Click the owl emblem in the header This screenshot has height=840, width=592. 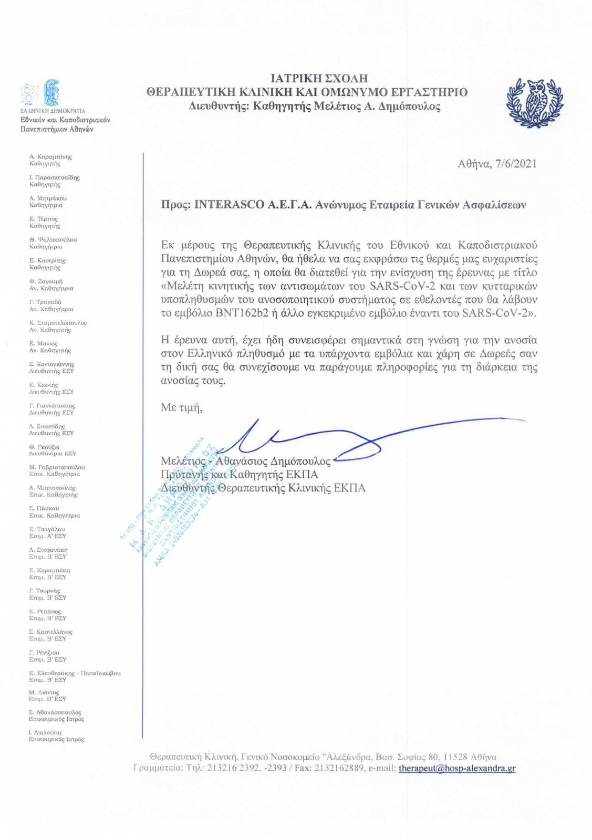click(535, 102)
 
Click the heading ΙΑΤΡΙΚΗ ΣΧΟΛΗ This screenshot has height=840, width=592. click(319, 79)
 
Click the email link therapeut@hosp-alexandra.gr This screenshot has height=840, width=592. click(456, 769)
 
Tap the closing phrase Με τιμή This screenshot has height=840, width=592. click(181, 407)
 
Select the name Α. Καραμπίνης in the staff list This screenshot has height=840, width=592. click(50, 156)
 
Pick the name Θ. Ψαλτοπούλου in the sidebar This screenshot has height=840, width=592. click(53, 239)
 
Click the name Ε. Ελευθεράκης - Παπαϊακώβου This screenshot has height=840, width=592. click(75, 673)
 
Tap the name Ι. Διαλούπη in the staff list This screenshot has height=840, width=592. click(45, 732)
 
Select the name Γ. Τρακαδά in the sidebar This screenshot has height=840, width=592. click(45, 302)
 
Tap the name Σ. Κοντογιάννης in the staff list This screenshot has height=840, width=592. click(51, 364)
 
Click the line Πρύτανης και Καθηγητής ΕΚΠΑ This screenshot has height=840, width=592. click(239, 475)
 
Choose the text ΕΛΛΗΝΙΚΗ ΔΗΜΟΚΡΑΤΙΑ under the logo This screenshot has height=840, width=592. click(53, 111)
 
